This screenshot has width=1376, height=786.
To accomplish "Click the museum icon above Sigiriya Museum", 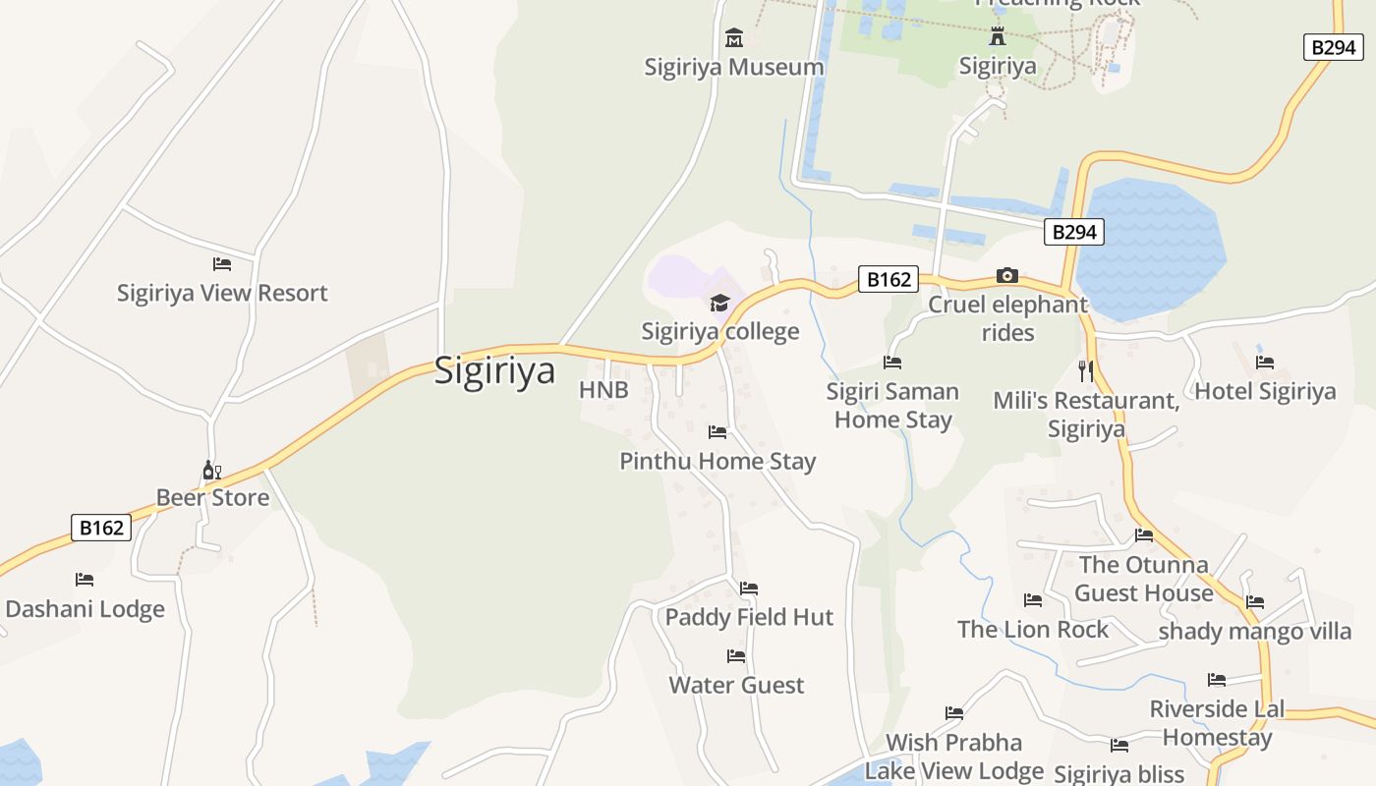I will coord(734,38).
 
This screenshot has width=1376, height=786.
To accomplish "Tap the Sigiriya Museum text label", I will coord(734,67).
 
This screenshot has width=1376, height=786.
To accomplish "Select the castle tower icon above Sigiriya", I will coord(998,37).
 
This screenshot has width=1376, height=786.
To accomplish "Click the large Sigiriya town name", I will coord(494,370).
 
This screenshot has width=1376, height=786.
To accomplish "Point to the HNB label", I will coord(603,390).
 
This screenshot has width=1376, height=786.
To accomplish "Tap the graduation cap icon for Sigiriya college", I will coord(720,303).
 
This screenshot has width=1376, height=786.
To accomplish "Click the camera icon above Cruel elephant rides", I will coord(1007,275).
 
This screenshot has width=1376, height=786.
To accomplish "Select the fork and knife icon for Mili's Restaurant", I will coord(1086,370).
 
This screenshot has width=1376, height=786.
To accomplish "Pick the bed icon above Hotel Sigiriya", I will coord(1265,363).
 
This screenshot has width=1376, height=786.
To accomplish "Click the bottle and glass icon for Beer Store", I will coord(211,471).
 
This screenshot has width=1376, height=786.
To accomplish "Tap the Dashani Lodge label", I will coord(86,609).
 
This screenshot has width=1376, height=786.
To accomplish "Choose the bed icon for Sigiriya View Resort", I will coord(222,264).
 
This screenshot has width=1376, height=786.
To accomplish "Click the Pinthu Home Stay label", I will coord(717,461).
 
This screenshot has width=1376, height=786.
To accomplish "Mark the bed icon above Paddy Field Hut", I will coord(749,589).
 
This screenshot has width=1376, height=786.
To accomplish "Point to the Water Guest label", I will coord(736,685).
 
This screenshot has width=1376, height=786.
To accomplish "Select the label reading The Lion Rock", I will coord(1033,629).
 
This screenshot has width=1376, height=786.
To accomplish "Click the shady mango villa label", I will coord(1255,631).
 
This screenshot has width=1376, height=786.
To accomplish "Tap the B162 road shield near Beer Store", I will coord(101,528).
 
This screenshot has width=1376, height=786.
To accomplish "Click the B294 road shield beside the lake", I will coord(1074,232).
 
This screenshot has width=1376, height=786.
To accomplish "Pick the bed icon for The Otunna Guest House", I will coord(1144,535).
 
